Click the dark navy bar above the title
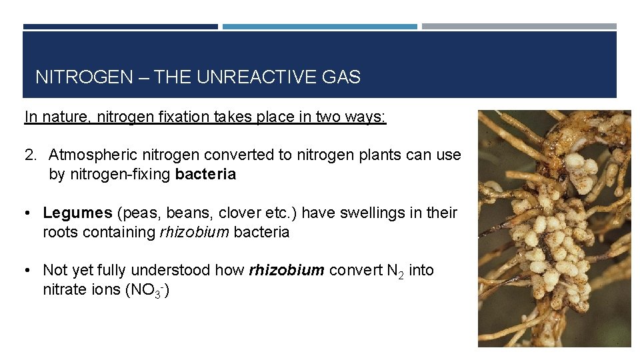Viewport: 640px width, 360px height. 120,27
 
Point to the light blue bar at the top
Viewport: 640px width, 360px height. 319,27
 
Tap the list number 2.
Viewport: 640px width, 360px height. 30,155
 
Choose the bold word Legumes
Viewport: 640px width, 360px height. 77,213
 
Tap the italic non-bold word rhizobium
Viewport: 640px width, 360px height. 191,233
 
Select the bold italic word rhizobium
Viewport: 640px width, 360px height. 286,271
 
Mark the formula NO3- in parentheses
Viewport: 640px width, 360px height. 147,291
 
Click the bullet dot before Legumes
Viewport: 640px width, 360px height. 29,213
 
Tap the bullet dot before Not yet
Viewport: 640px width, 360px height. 29,271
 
